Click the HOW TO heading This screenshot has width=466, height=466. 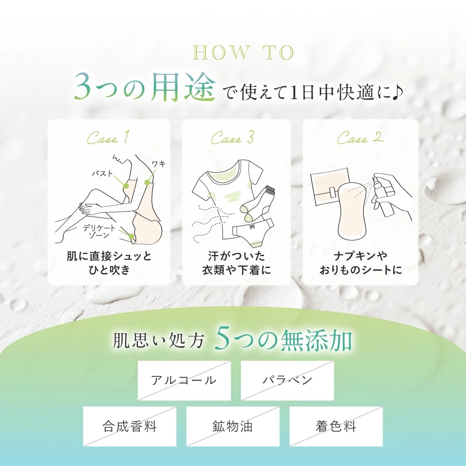[x=243, y=53]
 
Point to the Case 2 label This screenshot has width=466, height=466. [x=360, y=138]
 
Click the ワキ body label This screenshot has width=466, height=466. [x=159, y=164]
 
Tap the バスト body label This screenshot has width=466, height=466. [x=102, y=173]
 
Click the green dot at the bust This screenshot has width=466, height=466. [x=126, y=186]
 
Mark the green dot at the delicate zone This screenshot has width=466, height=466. [x=132, y=236]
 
